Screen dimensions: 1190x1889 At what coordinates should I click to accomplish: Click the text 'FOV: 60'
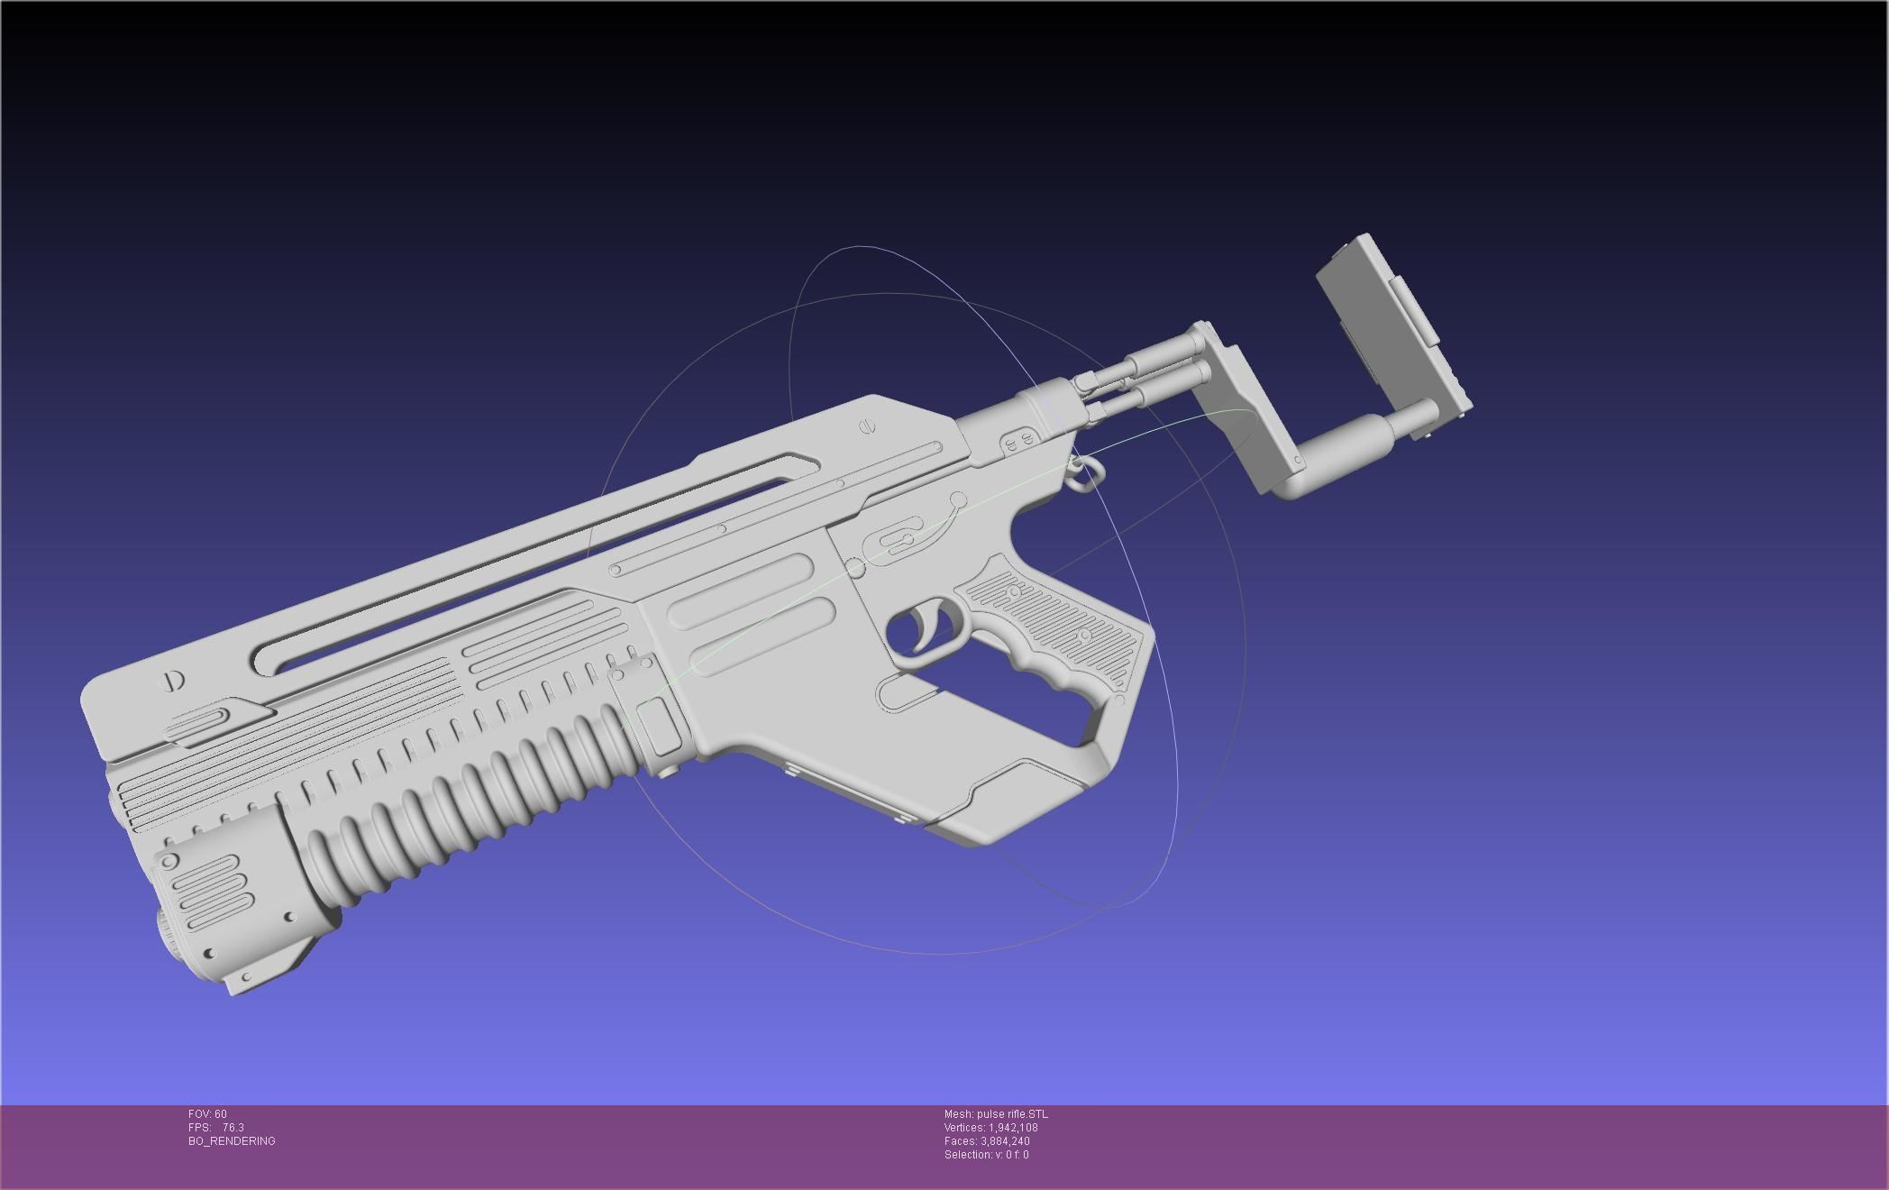tap(207, 1114)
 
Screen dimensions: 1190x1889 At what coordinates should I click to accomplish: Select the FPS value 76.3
tap(233, 1128)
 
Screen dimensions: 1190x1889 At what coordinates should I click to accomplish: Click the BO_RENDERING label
tap(232, 1141)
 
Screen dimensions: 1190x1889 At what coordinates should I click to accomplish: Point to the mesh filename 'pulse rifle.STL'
tap(1012, 1114)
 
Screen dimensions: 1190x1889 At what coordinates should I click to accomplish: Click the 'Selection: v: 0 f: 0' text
tap(986, 1155)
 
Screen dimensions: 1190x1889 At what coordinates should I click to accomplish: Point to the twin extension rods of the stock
tap(1145, 374)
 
